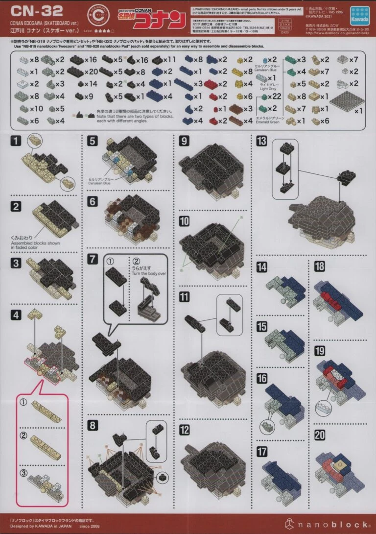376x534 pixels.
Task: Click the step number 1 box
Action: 16,142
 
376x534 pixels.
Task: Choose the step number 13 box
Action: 261,142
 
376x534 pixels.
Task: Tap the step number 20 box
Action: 319,435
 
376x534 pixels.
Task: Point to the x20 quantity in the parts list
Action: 91,72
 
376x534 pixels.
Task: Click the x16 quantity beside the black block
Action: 91,60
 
